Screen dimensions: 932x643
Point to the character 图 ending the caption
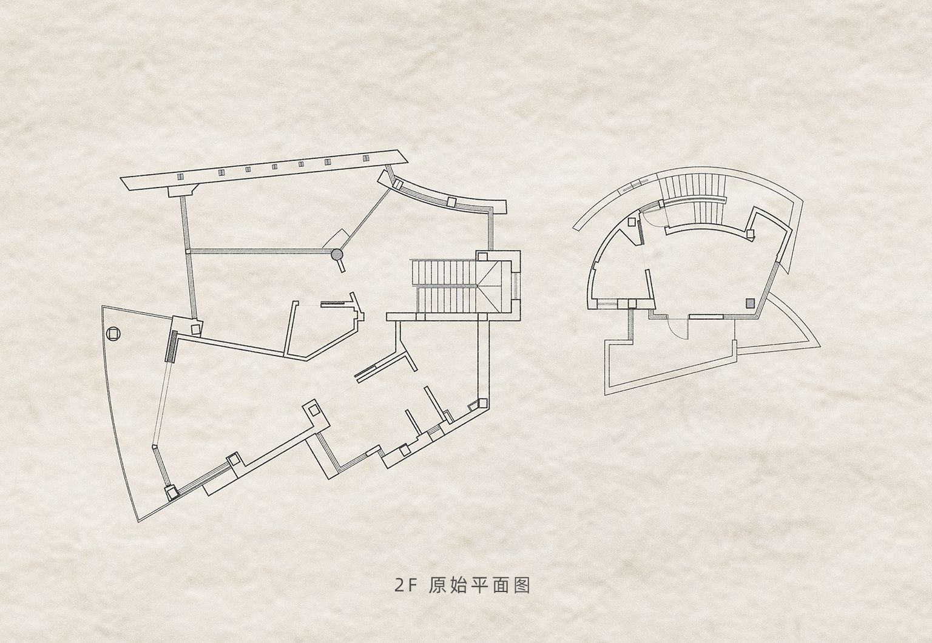(522, 585)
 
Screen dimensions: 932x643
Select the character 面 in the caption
(501, 585)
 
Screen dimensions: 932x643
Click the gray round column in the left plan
(336, 255)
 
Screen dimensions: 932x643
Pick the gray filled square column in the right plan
(750, 303)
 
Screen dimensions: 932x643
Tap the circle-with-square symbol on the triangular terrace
(113, 334)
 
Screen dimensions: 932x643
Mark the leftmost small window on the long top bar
(180, 177)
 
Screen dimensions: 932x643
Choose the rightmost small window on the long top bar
(366, 158)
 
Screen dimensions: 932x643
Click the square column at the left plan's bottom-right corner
(482, 403)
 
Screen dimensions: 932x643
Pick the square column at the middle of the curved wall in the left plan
(451, 202)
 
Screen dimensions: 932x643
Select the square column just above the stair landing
(482, 256)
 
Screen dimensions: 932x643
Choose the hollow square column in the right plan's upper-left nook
(633, 221)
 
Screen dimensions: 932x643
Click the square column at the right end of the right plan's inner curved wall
(751, 234)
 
